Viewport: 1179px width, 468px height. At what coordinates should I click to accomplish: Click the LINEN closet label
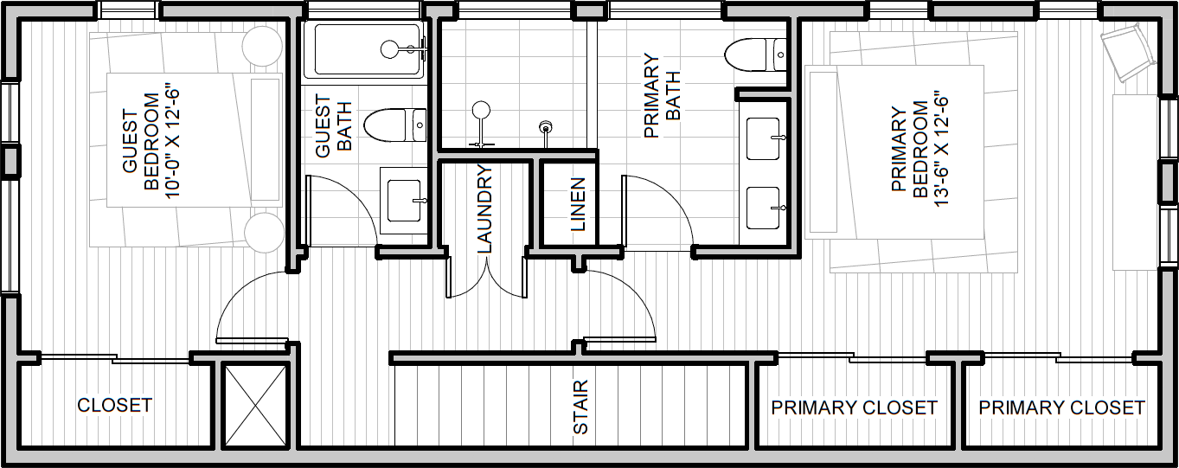point(578,205)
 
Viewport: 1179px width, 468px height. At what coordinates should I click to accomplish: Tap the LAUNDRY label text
point(484,208)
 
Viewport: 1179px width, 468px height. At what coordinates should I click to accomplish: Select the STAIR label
point(580,407)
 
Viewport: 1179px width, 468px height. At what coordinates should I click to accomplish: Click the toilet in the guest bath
point(395,125)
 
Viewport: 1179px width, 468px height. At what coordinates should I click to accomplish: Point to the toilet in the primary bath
point(756,54)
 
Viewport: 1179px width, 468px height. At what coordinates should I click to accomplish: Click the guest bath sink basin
point(404,201)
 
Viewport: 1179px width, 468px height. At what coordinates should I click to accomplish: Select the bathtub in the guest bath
point(369,50)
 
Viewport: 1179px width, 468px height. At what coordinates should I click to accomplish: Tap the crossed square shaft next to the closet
point(255,406)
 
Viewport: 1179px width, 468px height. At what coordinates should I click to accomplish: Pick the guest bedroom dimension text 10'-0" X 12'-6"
point(173,139)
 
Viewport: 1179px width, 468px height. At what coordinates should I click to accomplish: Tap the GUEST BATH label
point(333,125)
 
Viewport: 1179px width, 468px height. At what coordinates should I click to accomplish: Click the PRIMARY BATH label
point(662,96)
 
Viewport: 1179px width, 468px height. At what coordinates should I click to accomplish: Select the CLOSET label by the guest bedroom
point(115,406)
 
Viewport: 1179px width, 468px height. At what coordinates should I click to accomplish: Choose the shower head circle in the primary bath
point(481,110)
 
